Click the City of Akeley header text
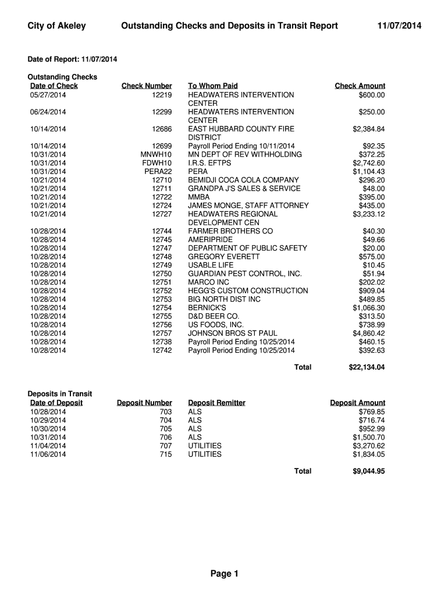[x=57, y=26]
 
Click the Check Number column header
[x=147, y=86]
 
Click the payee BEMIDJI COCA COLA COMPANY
[x=243, y=180]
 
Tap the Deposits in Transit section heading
[x=60, y=394]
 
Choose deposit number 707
[x=165, y=446]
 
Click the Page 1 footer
[x=225, y=574]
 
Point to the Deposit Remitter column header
[x=216, y=403]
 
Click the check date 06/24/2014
[x=48, y=112]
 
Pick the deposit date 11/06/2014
[x=48, y=454]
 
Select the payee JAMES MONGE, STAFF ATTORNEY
[x=248, y=205]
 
